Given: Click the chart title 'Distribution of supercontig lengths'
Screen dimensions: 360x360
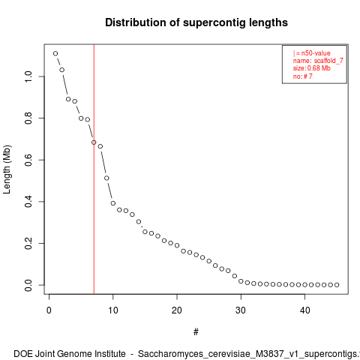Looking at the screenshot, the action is coord(196,22).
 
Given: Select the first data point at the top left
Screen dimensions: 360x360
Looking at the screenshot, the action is coord(55,53).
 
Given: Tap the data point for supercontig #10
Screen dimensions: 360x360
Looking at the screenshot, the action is coord(113,203).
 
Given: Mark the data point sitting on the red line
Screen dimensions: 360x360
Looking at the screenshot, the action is coord(94,142).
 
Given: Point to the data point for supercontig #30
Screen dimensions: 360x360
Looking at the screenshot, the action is coord(241,281).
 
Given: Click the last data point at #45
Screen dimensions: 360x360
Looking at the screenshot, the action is coord(337,285).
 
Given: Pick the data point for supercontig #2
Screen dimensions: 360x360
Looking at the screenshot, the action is coord(62,70).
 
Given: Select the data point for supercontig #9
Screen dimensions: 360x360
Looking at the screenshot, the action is coord(106,178).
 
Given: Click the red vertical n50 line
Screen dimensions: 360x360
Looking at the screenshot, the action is coord(94,169).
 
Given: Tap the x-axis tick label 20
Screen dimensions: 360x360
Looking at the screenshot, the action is coord(177,310).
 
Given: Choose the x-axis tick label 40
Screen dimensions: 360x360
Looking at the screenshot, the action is coord(304,310).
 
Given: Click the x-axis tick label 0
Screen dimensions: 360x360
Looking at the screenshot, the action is coord(49,310).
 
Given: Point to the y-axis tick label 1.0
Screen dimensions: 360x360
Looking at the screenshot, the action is coord(28,76).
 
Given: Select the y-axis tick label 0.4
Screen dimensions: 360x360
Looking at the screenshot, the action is coord(28,202).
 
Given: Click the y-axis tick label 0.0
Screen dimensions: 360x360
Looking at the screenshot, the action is coord(28,285).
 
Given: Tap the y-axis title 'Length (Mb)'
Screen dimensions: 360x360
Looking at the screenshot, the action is coord(7,169).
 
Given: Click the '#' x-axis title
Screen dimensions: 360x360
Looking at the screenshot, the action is coord(196,332).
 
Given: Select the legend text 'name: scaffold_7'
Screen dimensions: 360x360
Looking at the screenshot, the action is coord(318,61).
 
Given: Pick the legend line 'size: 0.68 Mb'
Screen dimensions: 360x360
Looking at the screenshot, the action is coord(312,68).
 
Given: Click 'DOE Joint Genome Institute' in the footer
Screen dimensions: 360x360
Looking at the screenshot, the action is coord(70,354).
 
